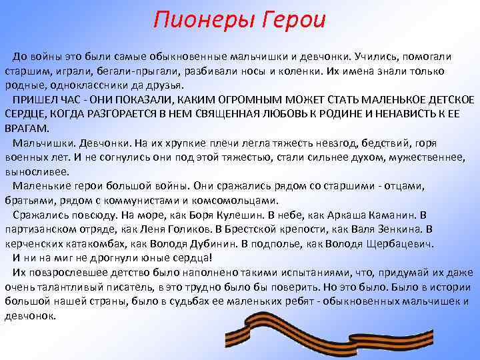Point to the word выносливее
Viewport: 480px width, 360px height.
pos(32,171)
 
